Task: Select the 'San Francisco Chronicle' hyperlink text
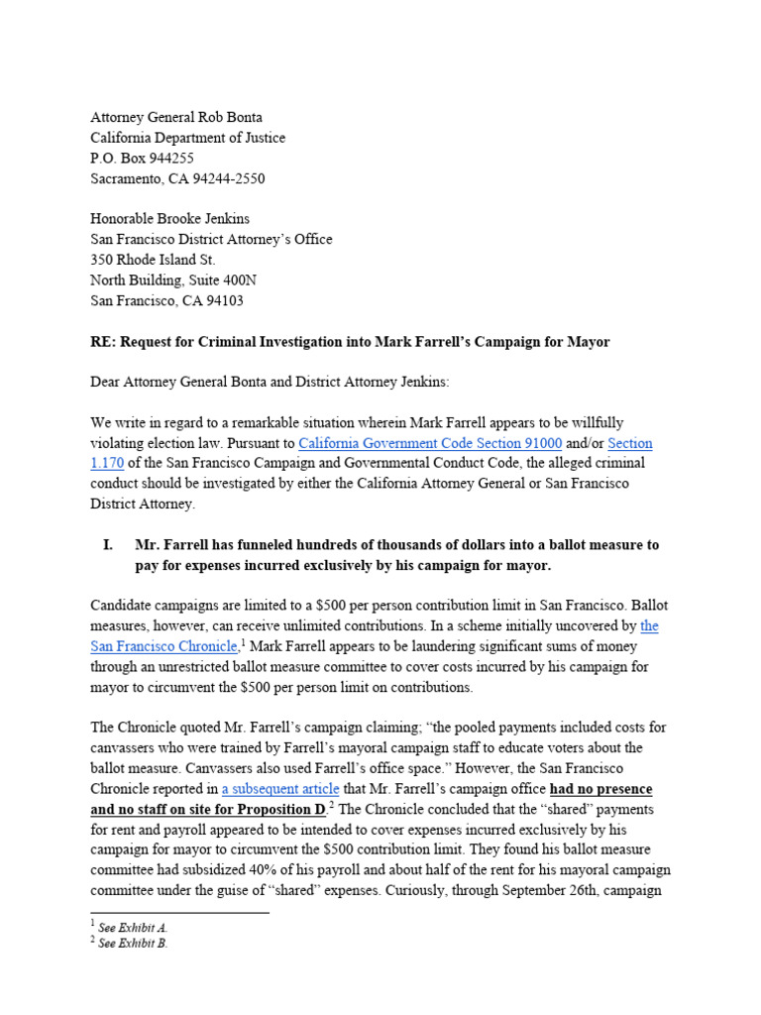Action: (163, 646)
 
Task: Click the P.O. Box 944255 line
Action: (142, 158)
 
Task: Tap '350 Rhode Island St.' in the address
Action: (153, 260)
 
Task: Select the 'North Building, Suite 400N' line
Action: (173, 281)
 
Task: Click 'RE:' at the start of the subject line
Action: (102, 342)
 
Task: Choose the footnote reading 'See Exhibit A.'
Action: (133, 928)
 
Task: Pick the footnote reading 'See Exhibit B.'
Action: (133, 945)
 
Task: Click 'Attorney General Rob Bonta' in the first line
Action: (176, 117)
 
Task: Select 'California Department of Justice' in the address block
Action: (188, 138)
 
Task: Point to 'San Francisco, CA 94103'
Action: (166, 300)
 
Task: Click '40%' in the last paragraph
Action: (321, 870)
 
